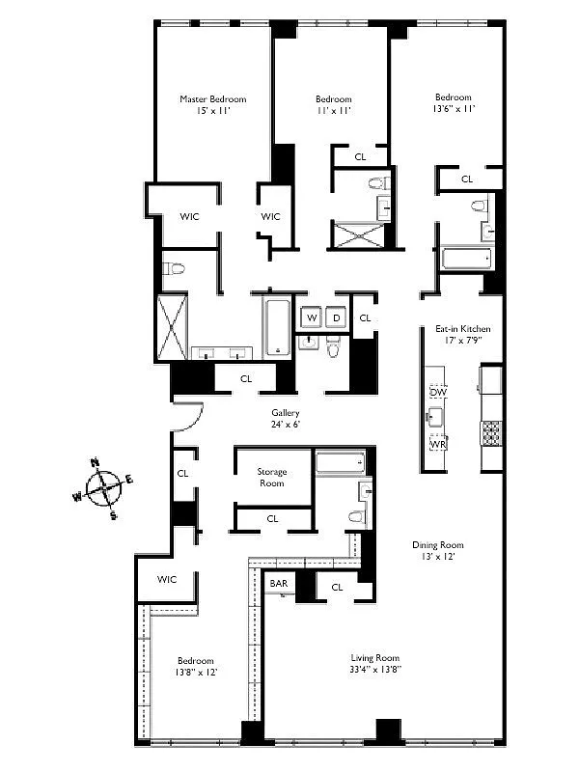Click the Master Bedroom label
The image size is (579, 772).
212,98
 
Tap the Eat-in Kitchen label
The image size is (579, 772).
462,328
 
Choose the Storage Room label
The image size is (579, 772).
272,478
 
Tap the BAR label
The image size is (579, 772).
280,584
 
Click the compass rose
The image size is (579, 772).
106,487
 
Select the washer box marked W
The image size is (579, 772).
312,317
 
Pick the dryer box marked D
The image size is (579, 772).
337,317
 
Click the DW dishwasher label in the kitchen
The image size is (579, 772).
438,393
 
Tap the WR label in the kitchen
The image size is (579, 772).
437,445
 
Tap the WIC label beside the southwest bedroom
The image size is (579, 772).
168,579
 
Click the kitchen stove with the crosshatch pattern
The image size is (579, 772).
491,433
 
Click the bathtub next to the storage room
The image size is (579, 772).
340,462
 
